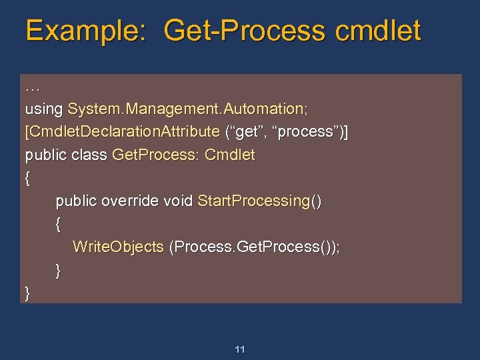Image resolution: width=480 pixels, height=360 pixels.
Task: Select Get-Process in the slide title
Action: (x=245, y=31)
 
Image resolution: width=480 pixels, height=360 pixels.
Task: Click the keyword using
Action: (x=44, y=109)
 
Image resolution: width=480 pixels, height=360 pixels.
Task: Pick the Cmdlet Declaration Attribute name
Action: (x=122, y=132)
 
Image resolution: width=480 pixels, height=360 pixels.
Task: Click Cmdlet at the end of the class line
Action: (x=230, y=155)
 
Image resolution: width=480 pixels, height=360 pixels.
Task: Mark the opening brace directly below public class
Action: (x=27, y=178)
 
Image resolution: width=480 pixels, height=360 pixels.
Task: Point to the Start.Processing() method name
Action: (x=259, y=201)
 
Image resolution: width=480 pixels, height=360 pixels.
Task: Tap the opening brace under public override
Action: (x=59, y=224)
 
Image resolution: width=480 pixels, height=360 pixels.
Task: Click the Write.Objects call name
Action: (x=118, y=247)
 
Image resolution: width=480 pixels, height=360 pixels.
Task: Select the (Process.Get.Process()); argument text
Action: (x=255, y=247)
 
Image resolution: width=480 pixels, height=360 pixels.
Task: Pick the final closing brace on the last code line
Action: (x=27, y=293)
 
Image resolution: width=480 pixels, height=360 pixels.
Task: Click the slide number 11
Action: (x=240, y=349)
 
